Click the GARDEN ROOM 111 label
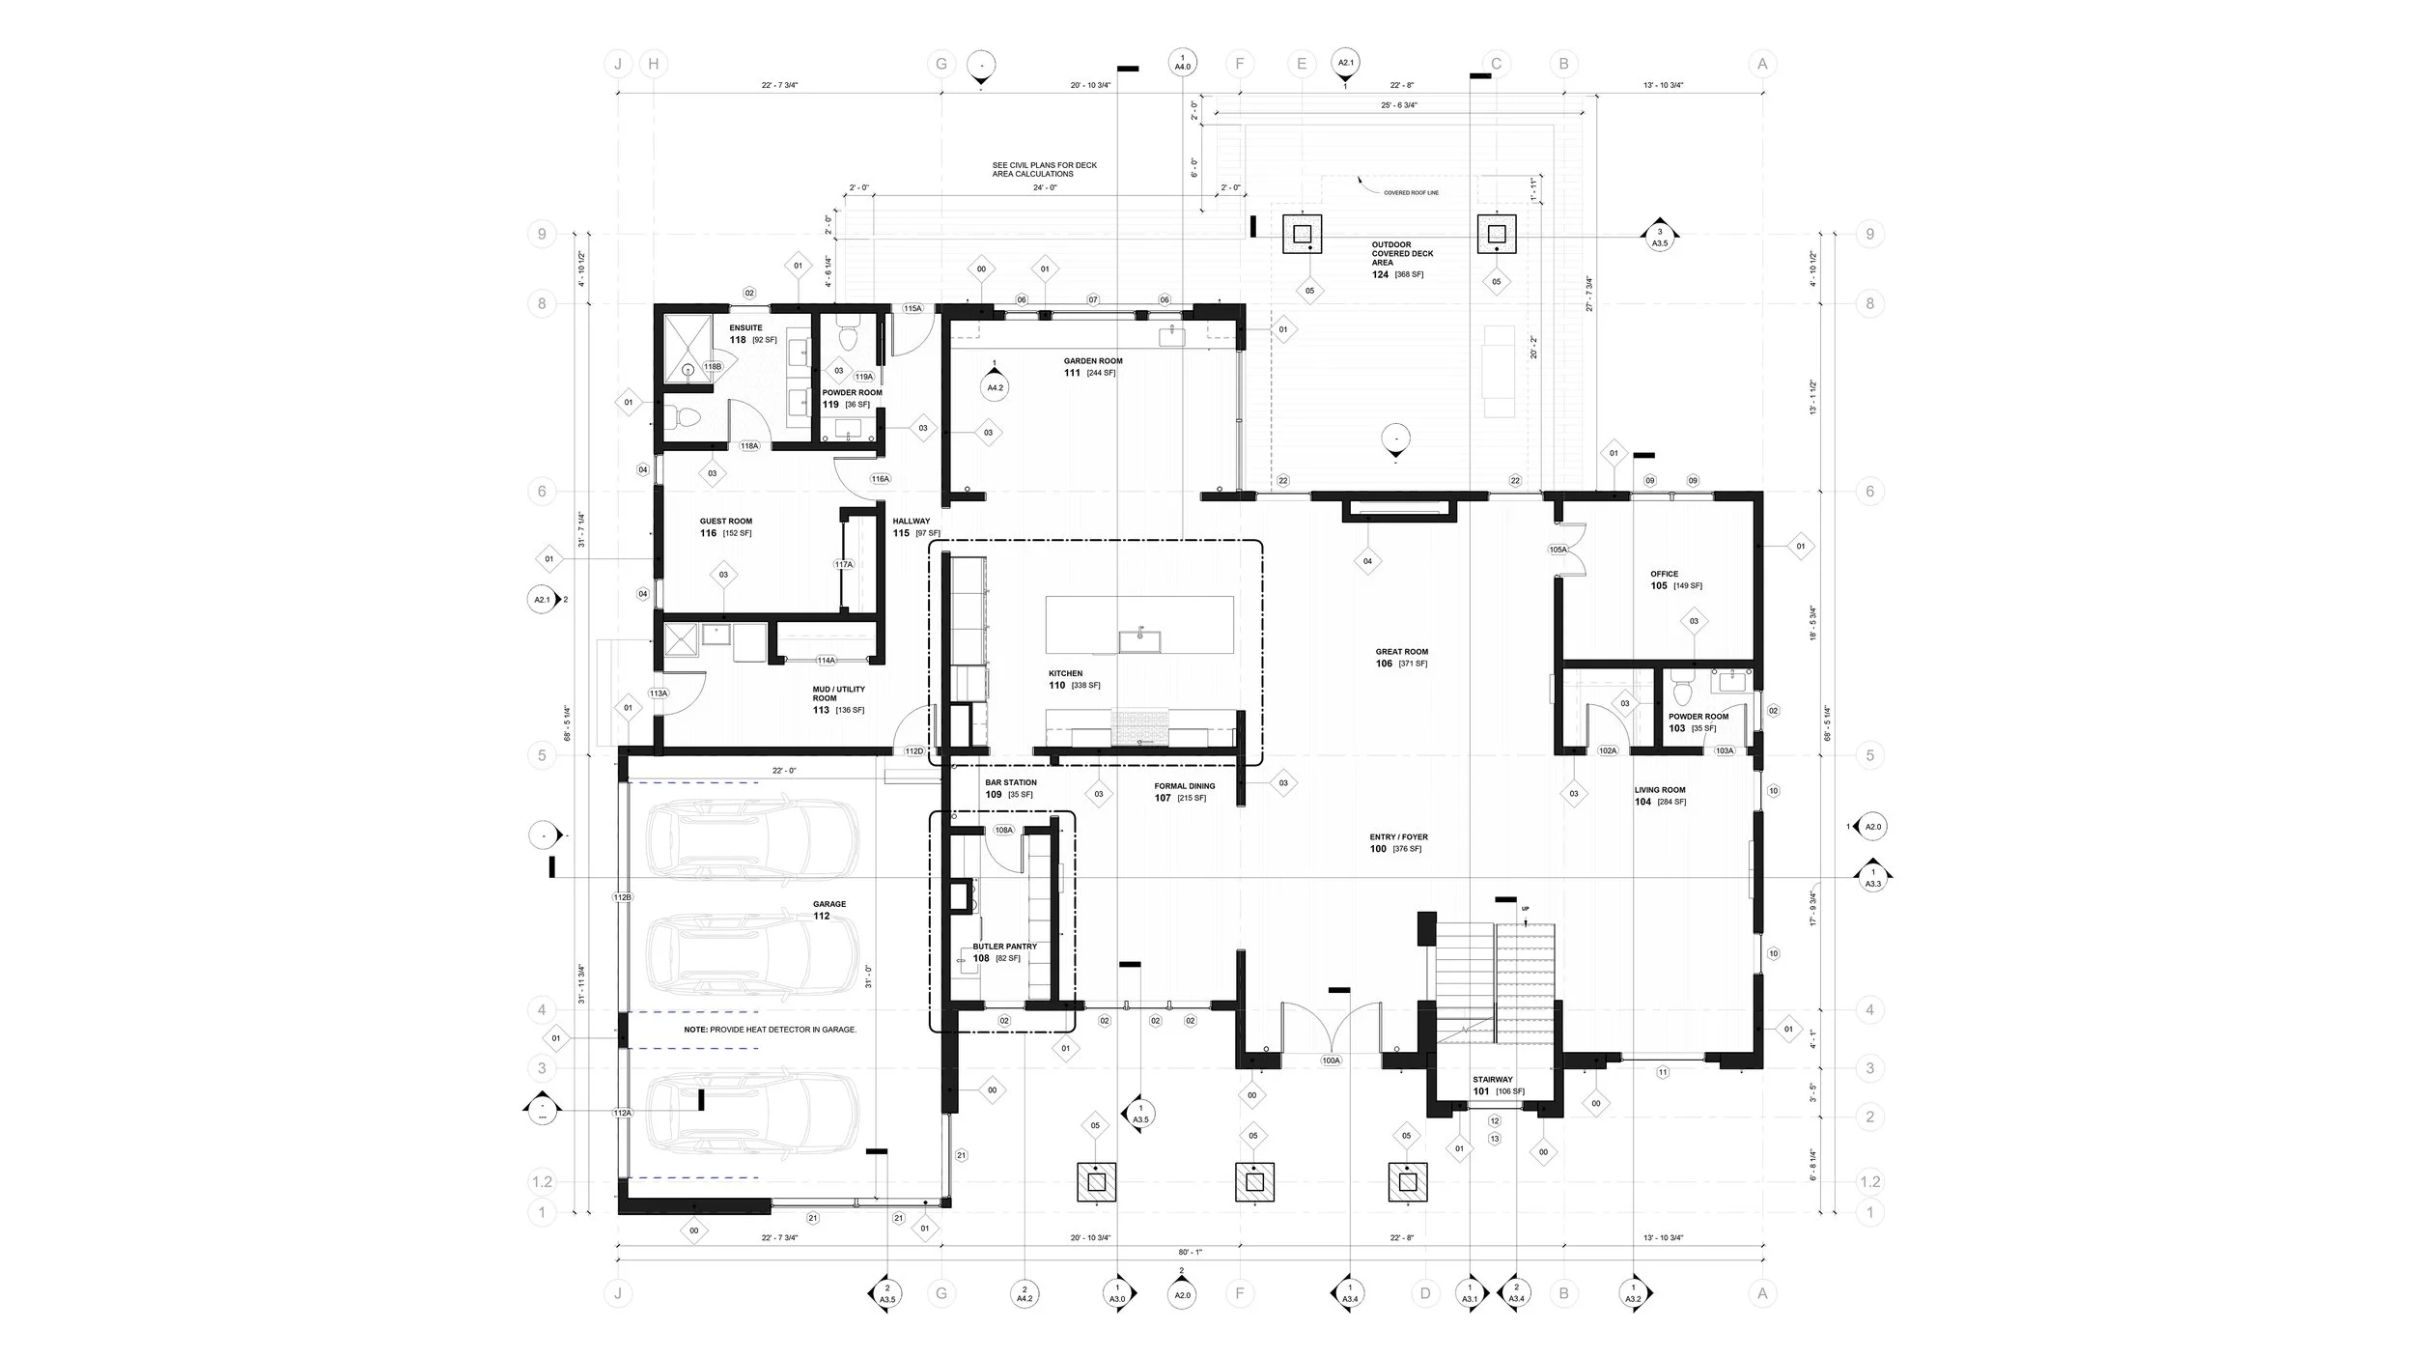pos(1092,367)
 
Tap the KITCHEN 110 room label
pos(1067,679)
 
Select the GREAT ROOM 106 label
pos(1401,658)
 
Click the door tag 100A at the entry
pos(1331,1061)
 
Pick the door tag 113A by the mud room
pos(659,693)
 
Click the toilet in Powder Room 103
pos(1681,693)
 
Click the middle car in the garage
pos(751,951)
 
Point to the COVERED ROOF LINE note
pos(1411,193)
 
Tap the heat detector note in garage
pos(770,1030)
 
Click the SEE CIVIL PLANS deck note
pos(1044,170)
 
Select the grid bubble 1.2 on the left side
pos(543,1182)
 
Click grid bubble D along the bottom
pos(1425,1293)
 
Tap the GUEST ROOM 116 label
pos(725,527)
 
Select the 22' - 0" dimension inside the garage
pos(784,771)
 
